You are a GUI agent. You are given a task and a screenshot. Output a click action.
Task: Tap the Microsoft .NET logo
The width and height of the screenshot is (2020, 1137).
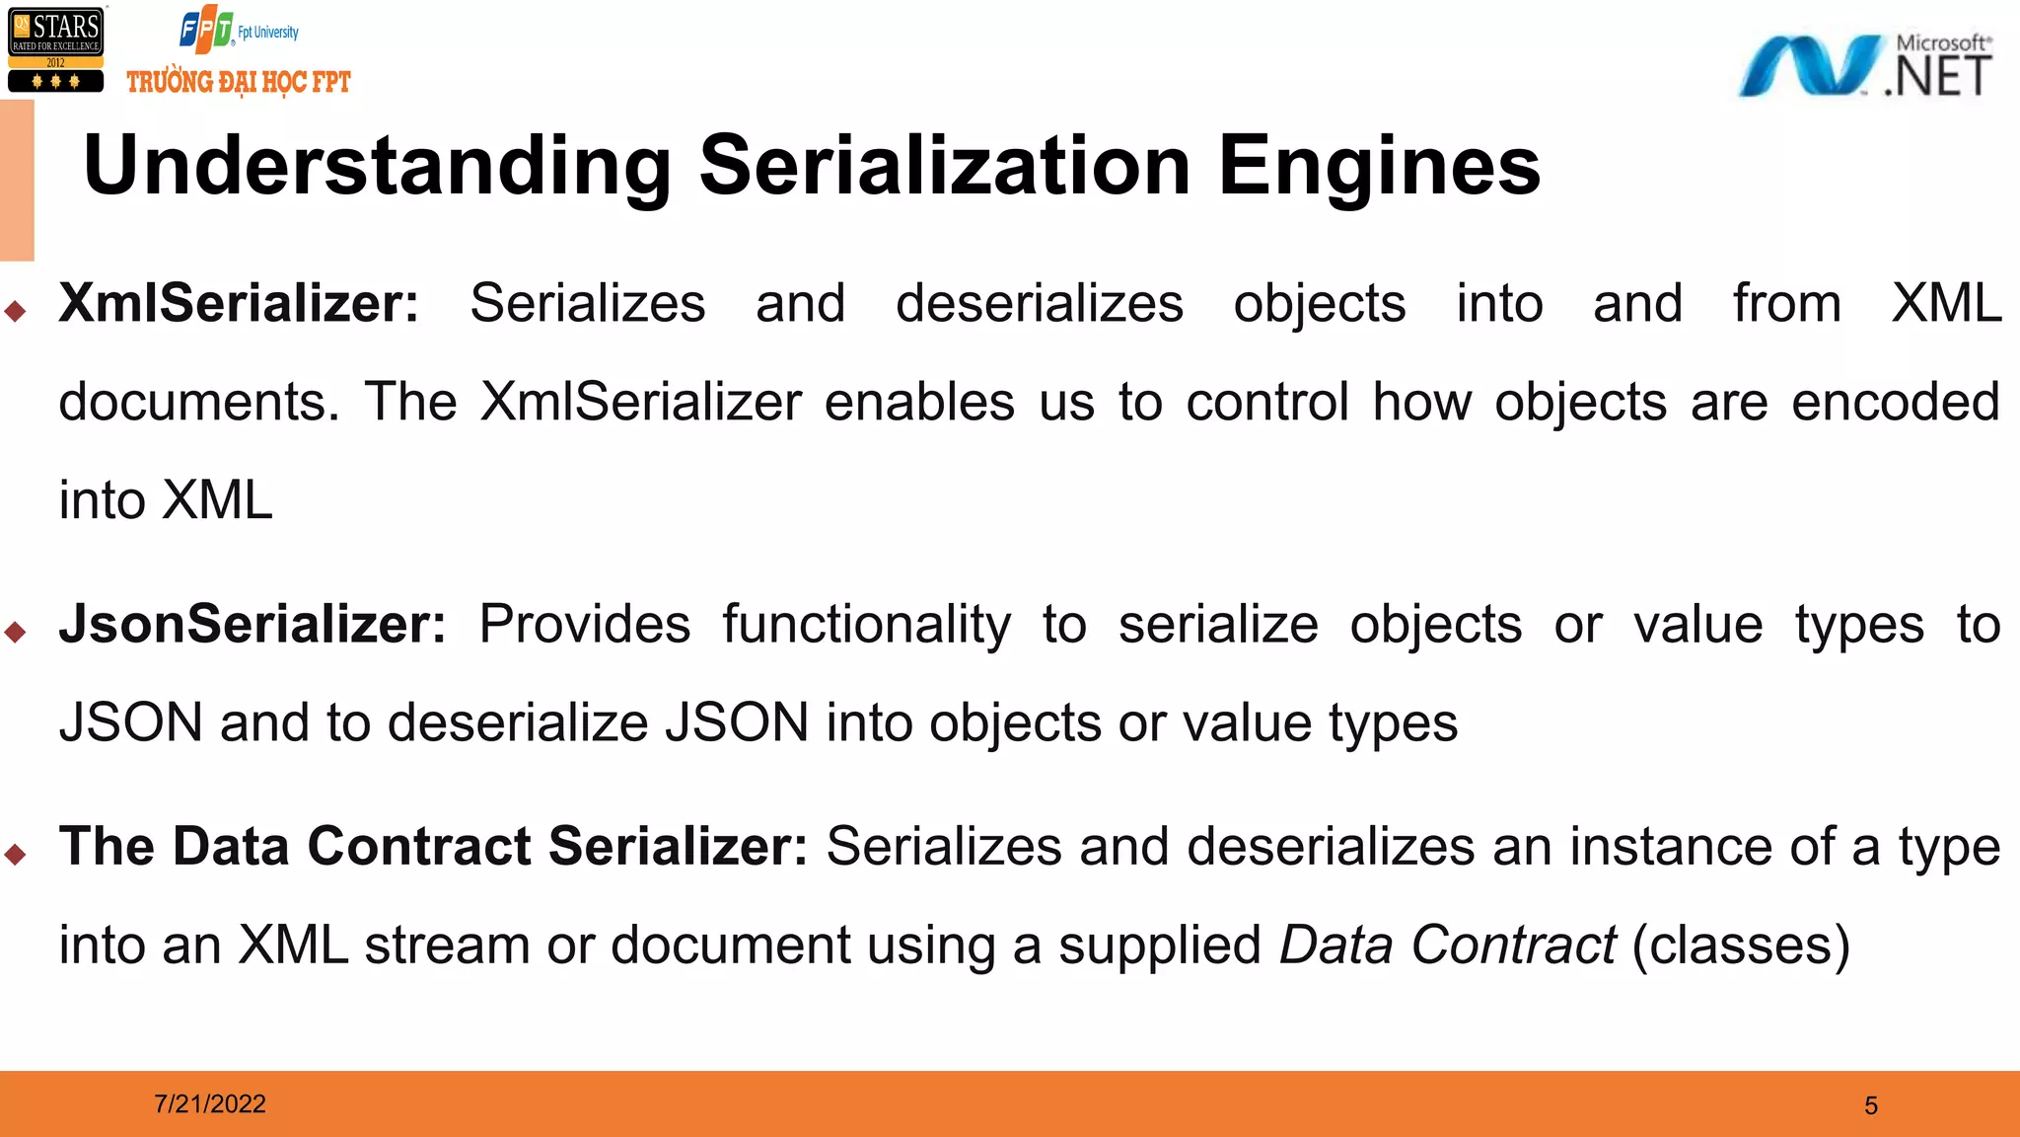pos(1864,66)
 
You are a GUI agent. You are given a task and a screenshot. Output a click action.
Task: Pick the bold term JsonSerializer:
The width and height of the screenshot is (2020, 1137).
pos(252,624)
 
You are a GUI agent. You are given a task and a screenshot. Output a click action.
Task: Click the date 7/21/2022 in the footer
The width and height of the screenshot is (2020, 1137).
pos(210,1103)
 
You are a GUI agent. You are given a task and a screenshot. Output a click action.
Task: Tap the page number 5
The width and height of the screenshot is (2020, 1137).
pos(1871,1105)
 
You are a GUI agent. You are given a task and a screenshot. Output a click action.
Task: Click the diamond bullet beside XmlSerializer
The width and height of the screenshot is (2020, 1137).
pos(15,312)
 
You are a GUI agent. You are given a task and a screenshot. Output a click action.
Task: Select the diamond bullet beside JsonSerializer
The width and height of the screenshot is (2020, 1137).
pos(15,632)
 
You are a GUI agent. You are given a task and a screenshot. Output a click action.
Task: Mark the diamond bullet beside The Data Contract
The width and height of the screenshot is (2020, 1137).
pos(15,854)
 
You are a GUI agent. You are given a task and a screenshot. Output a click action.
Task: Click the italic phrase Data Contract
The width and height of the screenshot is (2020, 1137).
pos(1447,945)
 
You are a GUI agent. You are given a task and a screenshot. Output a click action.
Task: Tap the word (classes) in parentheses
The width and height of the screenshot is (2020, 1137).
pos(1741,945)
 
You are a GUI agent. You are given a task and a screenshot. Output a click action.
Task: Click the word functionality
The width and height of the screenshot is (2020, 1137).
pos(866,625)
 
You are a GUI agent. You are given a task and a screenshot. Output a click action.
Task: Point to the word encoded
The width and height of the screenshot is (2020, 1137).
pos(1895,402)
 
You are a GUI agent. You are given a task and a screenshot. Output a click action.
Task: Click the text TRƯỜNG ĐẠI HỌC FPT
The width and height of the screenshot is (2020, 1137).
pos(239,82)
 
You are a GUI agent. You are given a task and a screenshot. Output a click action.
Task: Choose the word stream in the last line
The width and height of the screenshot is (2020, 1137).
pos(447,945)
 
